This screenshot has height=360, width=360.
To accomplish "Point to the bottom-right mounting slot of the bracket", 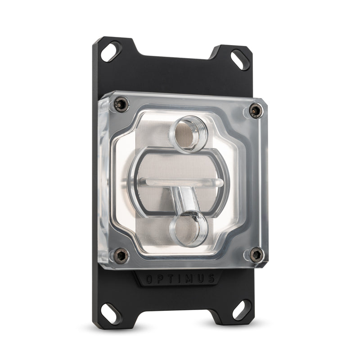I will click(x=242, y=310).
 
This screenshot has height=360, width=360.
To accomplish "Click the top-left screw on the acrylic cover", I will click(x=120, y=104).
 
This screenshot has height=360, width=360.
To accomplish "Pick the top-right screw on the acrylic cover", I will click(x=256, y=110).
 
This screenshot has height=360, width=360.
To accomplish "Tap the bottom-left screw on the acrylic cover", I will click(x=119, y=256).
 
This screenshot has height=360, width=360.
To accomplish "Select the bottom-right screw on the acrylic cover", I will click(x=256, y=255).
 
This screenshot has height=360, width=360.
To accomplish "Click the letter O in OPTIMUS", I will click(x=149, y=279).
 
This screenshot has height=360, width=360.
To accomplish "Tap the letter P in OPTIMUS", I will click(x=160, y=279).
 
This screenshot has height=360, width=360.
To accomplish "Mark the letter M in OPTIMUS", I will click(x=189, y=279).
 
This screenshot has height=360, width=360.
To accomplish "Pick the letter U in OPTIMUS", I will click(x=200, y=279).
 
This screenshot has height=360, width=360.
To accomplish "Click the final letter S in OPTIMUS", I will click(x=211, y=279).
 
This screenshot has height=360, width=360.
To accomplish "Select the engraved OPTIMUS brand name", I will click(x=180, y=279).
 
